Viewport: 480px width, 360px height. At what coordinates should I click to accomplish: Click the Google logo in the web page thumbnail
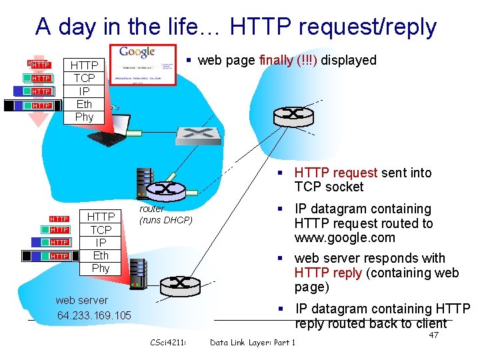tap(137, 53)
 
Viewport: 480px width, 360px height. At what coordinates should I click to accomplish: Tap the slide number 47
tap(433, 335)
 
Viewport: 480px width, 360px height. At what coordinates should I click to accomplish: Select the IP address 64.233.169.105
tap(94, 315)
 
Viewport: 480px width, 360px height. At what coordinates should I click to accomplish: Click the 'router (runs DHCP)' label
tap(165, 215)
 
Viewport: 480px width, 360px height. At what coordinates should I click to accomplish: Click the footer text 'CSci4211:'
tap(168, 343)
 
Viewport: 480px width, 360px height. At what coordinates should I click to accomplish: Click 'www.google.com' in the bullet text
tap(345, 238)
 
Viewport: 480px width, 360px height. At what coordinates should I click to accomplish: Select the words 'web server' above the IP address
tap(81, 300)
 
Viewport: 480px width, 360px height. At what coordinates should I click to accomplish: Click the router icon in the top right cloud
tap(293, 115)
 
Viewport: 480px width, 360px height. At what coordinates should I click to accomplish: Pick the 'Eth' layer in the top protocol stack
tap(84, 104)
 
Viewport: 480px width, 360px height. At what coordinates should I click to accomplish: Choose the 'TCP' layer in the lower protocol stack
tap(101, 230)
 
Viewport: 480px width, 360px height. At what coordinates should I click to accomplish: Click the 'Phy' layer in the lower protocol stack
tap(101, 268)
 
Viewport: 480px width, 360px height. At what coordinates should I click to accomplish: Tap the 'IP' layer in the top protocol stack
tap(84, 91)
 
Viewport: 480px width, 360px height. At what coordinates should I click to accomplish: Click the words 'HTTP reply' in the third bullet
tap(328, 273)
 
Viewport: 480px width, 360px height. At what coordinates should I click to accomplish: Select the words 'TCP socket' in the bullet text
tap(329, 187)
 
